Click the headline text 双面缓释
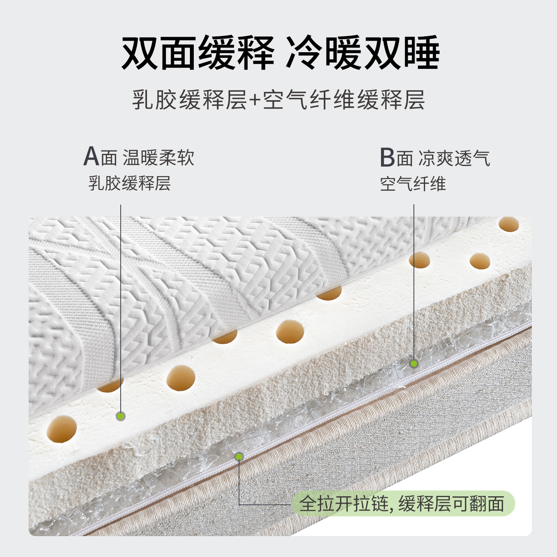[198, 53]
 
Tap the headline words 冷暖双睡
[362, 53]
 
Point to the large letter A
[91, 157]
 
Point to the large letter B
[387, 157]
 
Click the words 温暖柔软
[159, 158]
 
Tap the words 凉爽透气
[454, 158]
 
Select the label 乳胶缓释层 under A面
[130, 183]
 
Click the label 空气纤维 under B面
[413, 184]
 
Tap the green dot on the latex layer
[121, 416]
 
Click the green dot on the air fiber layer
[414, 364]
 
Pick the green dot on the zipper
[239, 457]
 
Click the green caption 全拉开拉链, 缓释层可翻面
[402, 504]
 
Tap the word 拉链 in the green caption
[371, 504]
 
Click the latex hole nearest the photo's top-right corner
[509, 224]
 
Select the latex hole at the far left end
[62, 429]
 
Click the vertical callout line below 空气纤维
[414, 282]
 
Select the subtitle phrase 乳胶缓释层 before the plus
[189, 100]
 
